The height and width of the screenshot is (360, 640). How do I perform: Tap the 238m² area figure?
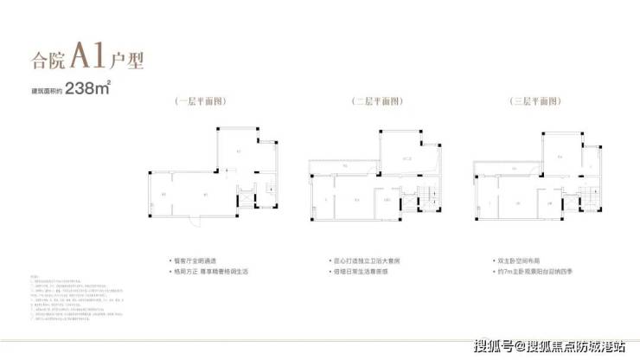tap(89, 87)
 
